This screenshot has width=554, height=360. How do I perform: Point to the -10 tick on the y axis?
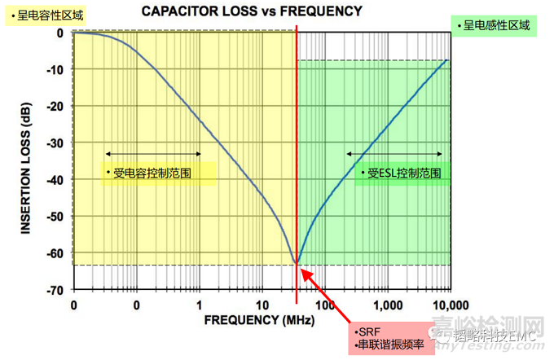[x=56, y=71]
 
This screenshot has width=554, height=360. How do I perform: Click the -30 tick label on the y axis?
[x=56, y=143]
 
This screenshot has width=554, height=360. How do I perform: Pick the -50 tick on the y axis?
[x=56, y=217]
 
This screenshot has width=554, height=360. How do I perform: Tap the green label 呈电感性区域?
[x=495, y=26]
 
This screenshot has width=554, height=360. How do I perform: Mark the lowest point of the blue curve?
[x=297, y=263]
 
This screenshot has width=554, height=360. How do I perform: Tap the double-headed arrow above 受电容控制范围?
[x=152, y=153]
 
